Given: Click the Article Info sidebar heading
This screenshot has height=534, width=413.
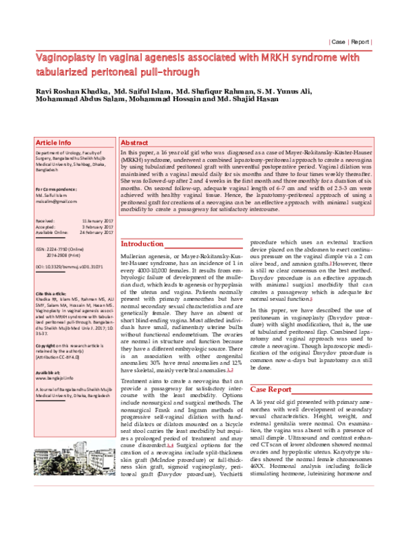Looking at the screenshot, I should coord(53,142).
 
